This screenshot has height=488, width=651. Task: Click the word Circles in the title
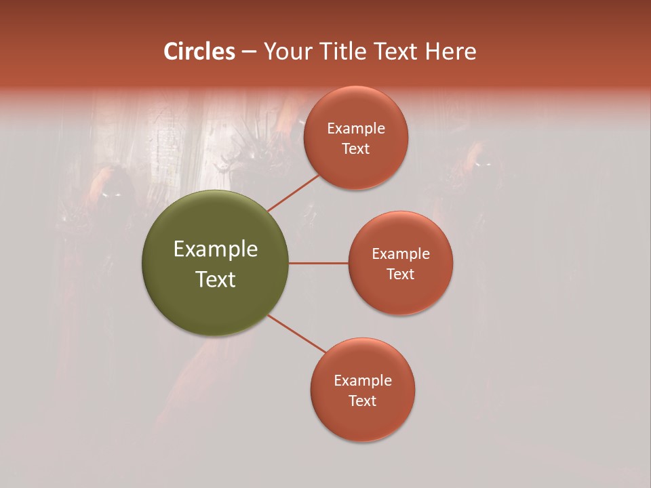pyautogui.click(x=199, y=52)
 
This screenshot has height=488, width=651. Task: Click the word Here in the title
pyautogui.click(x=451, y=52)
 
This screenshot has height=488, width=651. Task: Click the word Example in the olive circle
pyautogui.click(x=216, y=249)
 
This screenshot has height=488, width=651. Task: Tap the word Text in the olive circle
pyautogui.click(x=216, y=279)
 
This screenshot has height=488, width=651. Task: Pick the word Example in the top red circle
pyautogui.click(x=356, y=129)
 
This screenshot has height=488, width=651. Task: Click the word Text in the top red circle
pyautogui.click(x=356, y=149)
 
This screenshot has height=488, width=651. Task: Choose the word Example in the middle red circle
pyautogui.click(x=401, y=253)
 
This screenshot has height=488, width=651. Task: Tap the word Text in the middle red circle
pyautogui.click(x=401, y=274)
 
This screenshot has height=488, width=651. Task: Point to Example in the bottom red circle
pyautogui.click(x=363, y=380)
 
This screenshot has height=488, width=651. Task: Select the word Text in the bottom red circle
pyautogui.click(x=363, y=401)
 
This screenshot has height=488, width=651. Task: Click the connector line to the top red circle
pyautogui.click(x=293, y=192)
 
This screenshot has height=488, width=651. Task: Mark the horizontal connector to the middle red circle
pyautogui.click(x=319, y=263)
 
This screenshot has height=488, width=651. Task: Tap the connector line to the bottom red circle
pyautogui.click(x=297, y=333)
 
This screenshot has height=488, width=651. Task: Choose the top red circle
pyautogui.click(x=356, y=169)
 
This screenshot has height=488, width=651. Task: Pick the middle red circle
pyautogui.click(x=401, y=295)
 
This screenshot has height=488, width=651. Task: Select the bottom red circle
pyautogui.click(x=363, y=420)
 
